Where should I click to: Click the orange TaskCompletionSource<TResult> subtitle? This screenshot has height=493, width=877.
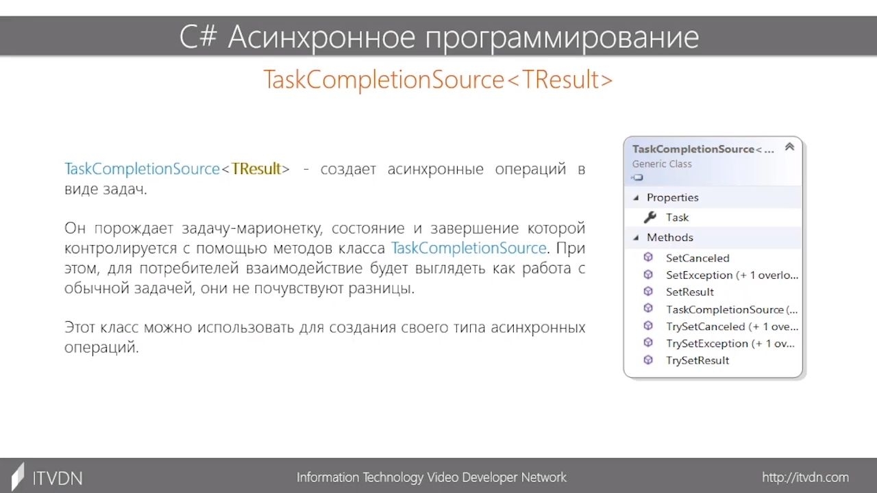coord(438,80)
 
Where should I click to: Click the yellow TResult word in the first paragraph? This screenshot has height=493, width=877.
coord(256,168)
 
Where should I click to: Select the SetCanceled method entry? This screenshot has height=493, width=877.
coord(697,258)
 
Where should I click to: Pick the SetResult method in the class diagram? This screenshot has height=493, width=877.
coord(690,292)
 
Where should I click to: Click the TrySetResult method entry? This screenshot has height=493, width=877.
coord(697,360)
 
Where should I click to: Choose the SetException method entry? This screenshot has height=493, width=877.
coord(732,275)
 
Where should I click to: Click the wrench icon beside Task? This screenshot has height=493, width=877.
coord(650,217)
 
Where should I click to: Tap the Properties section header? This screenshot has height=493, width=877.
coord(673,198)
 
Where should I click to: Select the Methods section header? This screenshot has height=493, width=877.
coord(670,238)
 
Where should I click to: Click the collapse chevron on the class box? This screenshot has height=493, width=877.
coord(790,147)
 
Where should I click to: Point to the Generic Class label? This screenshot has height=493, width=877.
coord(662,164)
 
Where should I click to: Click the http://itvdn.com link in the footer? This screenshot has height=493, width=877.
coord(805,477)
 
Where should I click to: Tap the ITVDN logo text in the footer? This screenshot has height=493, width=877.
coord(58,479)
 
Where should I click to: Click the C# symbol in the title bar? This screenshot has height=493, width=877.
coord(198,37)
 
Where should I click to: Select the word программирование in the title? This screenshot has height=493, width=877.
coord(563,38)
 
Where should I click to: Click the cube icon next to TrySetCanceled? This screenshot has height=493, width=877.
coord(648,325)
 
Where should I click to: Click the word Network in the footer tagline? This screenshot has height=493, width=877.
coord(544,477)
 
